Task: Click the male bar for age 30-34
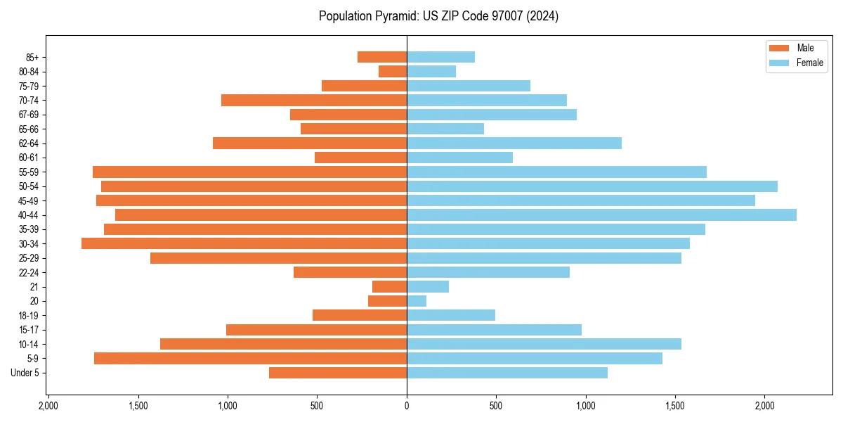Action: coord(244,243)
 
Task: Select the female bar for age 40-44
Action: coord(601,215)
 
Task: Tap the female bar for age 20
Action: coord(417,301)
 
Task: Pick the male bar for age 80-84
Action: coord(393,71)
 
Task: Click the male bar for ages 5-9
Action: coord(250,358)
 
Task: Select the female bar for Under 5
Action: coord(507,373)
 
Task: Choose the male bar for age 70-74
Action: coord(314,100)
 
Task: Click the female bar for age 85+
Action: coord(440,57)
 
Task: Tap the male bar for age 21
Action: coord(389,286)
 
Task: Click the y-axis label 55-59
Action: coord(29,172)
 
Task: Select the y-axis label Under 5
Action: coord(25,373)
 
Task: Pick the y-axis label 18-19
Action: coord(29,315)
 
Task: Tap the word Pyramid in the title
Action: coord(388,16)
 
